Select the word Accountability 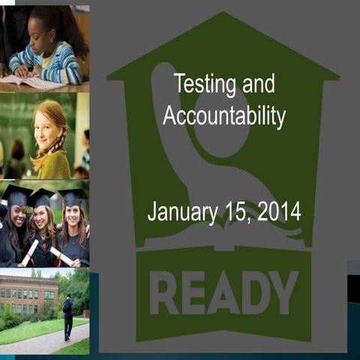click(x=224, y=117)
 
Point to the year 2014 click(x=279, y=212)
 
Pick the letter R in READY click(x=166, y=292)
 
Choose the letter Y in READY click(x=284, y=292)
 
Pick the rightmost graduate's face click(x=73, y=219)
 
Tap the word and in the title click(x=260, y=84)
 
